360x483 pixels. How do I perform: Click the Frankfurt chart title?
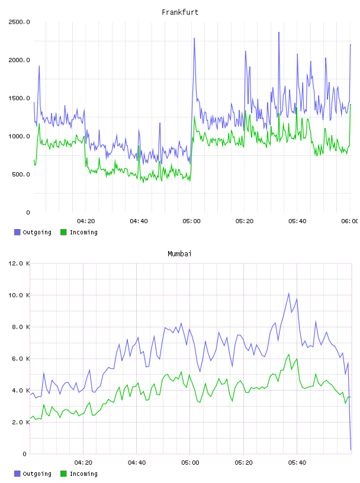click(x=180, y=12)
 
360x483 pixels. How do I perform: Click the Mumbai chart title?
click(x=179, y=254)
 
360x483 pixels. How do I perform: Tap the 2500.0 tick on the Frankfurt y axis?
click(x=19, y=22)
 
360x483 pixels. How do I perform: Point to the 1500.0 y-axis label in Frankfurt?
click(x=19, y=98)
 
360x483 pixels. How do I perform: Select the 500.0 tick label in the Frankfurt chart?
click(x=21, y=175)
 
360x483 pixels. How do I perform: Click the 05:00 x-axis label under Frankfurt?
click(x=191, y=221)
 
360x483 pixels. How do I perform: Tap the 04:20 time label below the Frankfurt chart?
click(x=86, y=221)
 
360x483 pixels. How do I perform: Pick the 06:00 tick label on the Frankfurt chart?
click(x=350, y=221)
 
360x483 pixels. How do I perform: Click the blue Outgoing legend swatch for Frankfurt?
click(x=17, y=232)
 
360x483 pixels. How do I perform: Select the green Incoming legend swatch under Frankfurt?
click(x=63, y=232)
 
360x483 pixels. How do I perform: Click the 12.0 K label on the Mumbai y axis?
click(x=19, y=263)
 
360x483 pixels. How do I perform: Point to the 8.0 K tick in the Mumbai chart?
click(x=21, y=327)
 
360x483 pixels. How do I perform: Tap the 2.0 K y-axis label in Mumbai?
click(x=21, y=422)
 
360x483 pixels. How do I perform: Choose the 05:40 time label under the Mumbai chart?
click(x=297, y=463)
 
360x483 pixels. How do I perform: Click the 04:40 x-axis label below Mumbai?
click(x=137, y=463)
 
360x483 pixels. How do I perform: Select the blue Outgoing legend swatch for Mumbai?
click(x=17, y=474)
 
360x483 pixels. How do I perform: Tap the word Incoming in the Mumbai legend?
click(x=83, y=474)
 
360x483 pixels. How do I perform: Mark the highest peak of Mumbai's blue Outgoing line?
click(x=289, y=293)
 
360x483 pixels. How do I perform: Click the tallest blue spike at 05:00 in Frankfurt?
click(x=194, y=38)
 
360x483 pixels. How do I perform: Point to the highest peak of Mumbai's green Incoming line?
click(x=289, y=355)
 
